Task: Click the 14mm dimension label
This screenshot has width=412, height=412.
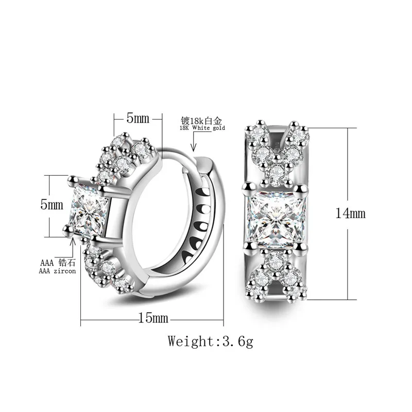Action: (350, 213)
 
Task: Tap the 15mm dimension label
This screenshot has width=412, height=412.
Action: (153, 318)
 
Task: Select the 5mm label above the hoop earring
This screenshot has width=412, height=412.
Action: (138, 118)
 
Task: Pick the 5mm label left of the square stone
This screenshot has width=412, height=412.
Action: (52, 204)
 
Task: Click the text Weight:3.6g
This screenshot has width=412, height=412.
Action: (211, 341)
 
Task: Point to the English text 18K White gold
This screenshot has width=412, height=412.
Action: (202, 128)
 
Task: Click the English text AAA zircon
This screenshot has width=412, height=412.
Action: (57, 271)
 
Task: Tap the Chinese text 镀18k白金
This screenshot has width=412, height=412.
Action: (201, 121)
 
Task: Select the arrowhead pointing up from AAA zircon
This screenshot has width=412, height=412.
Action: (73, 241)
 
